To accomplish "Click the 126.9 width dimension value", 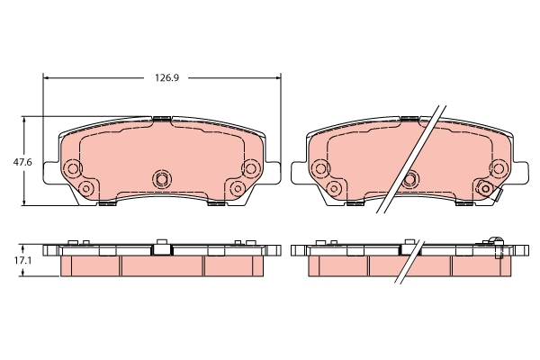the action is click(x=166, y=78).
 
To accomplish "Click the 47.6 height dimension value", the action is click(x=22, y=162).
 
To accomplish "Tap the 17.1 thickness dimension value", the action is click(x=22, y=260).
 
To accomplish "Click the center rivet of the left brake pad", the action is click(x=161, y=178).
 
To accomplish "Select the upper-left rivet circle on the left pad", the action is click(x=73, y=168).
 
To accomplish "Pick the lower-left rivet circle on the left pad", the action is click(x=86, y=188).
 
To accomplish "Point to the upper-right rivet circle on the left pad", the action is click(x=250, y=168).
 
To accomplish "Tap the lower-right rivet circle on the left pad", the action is click(x=238, y=188).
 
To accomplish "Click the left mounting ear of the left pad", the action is click(x=50, y=173).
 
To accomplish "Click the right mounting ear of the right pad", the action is click(x=521, y=173).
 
